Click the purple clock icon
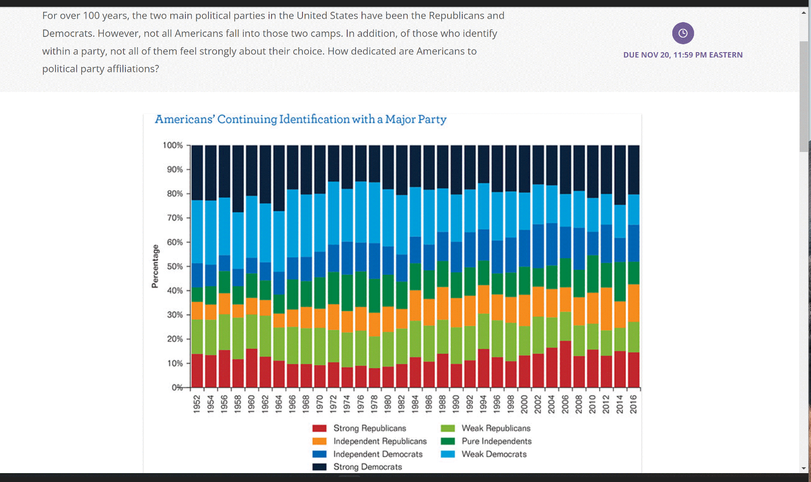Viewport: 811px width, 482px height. click(683, 33)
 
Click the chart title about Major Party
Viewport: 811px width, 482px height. click(300, 120)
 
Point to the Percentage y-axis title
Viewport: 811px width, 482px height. click(155, 266)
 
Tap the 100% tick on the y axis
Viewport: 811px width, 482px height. click(173, 146)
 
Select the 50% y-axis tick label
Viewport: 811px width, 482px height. click(175, 267)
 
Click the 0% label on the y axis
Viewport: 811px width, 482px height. click(177, 388)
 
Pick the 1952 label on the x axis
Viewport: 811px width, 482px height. click(197, 404)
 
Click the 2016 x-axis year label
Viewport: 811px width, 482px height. click(633, 404)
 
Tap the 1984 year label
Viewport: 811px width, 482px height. click(415, 404)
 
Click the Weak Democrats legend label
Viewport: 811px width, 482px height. click(494, 454)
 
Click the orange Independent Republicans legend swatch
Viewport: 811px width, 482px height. click(320, 441)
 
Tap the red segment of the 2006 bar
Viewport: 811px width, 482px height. click(566, 364)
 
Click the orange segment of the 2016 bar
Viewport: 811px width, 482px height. click(634, 303)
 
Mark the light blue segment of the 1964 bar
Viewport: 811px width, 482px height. click(279, 241)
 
